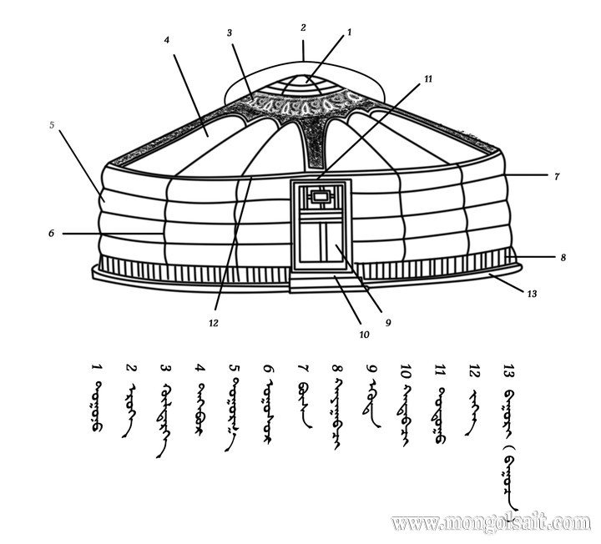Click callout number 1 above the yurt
(x=350, y=31)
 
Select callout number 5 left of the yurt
(x=52, y=126)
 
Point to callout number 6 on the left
(x=51, y=234)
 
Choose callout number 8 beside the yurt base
(x=563, y=258)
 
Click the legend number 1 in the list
(x=96, y=367)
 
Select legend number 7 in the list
(x=302, y=367)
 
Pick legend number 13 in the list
(x=508, y=368)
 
